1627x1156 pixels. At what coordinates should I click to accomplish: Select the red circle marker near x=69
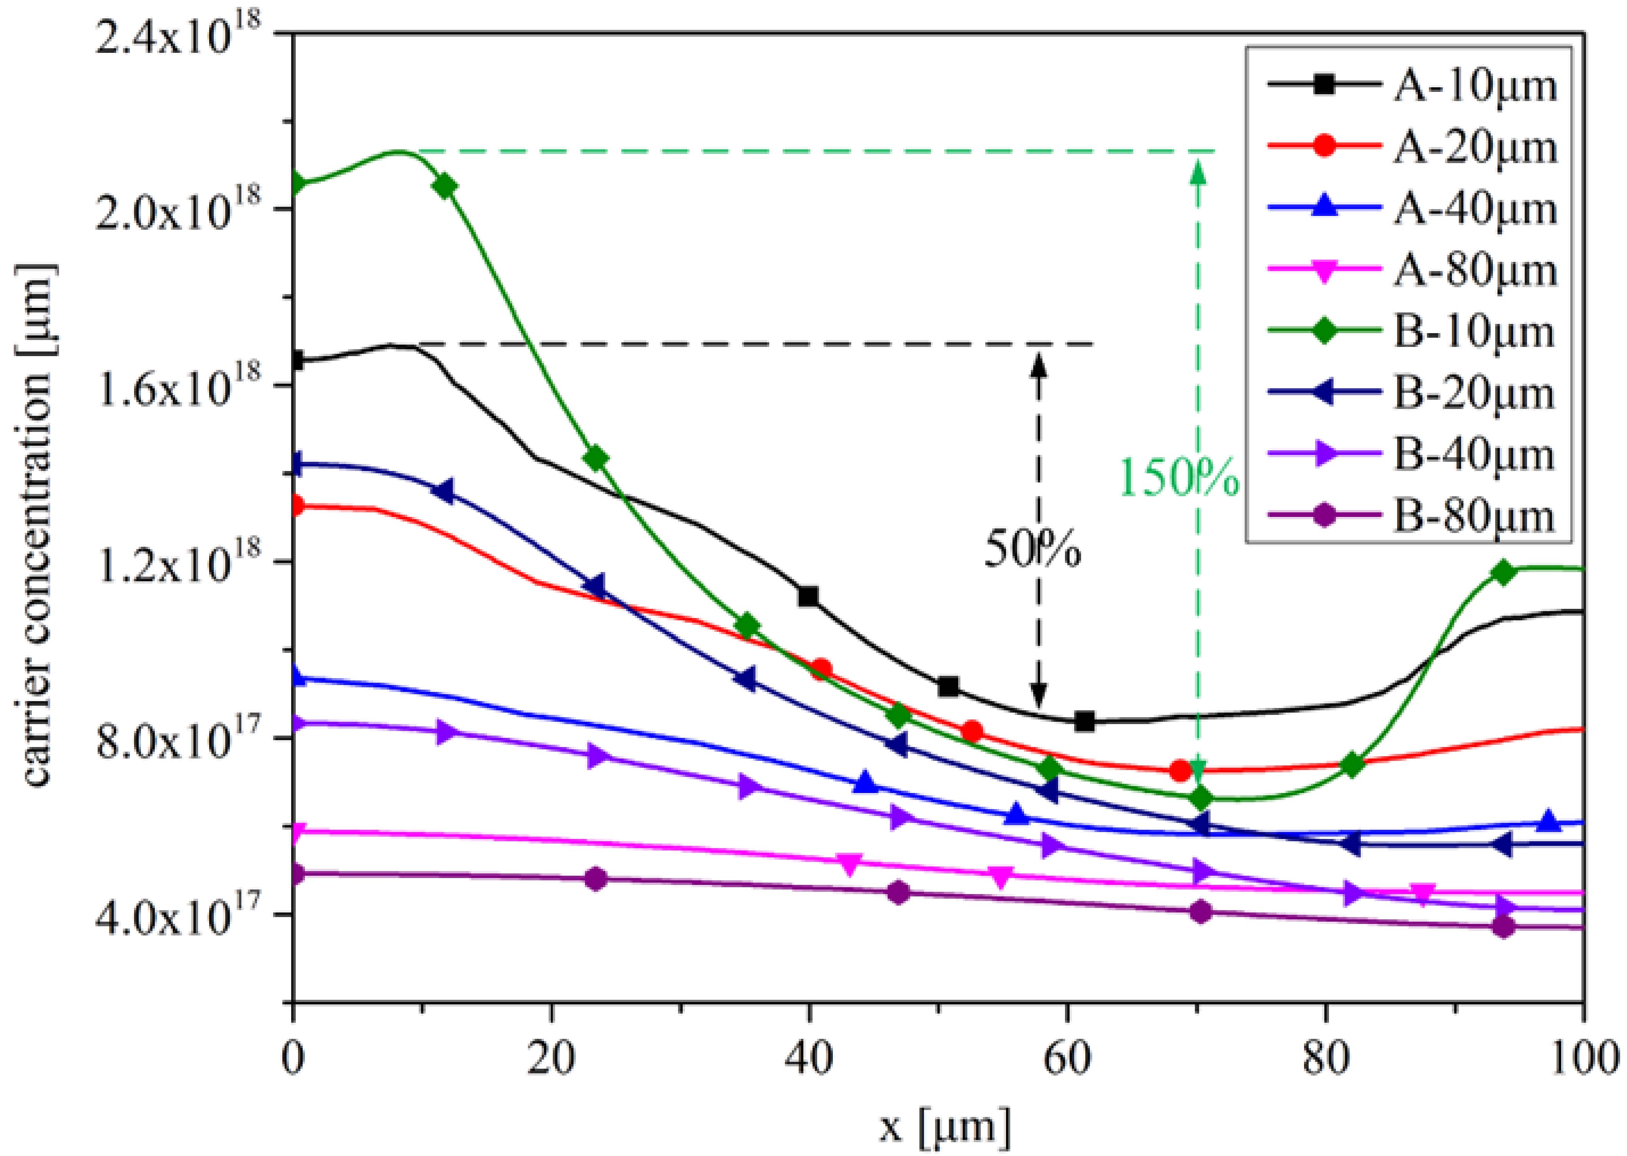click(x=1181, y=770)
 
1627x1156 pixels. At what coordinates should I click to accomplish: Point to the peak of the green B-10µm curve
click(x=399, y=151)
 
